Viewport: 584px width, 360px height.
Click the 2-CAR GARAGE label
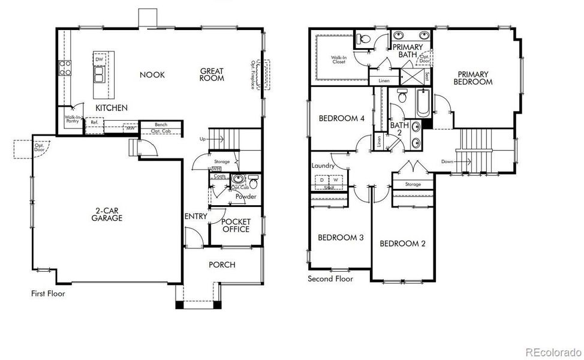click(x=107, y=214)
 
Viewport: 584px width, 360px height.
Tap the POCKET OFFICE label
click(x=236, y=225)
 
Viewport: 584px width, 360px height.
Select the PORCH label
click(x=222, y=265)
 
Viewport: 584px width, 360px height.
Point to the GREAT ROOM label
click(x=212, y=74)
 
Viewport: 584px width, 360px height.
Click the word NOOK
click(x=152, y=75)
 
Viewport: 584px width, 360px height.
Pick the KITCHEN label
click(x=112, y=108)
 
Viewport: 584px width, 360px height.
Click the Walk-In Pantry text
click(x=73, y=119)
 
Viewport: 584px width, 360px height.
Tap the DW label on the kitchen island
click(x=100, y=60)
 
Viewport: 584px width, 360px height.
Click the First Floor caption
click(x=48, y=294)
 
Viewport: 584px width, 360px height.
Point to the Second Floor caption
click(x=330, y=279)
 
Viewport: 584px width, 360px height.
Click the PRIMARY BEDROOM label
click(x=472, y=78)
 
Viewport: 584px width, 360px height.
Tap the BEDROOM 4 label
click(x=341, y=118)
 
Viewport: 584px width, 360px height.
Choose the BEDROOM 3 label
click(x=341, y=238)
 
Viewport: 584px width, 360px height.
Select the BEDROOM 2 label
click(x=402, y=243)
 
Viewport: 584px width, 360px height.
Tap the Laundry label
click(x=322, y=166)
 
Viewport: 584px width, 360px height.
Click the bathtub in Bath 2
click(x=423, y=103)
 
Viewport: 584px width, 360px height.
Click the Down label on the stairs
click(x=447, y=161)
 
